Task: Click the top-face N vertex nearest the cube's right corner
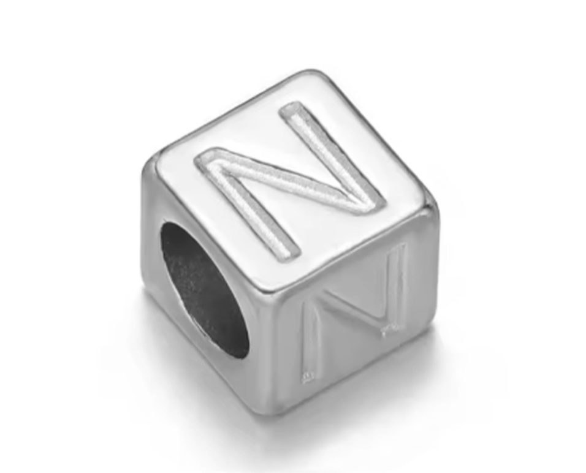point(375,203)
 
